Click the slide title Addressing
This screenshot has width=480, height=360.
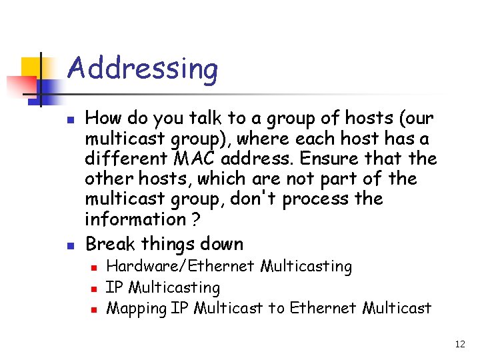(143, 69)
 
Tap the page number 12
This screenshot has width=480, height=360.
(460, 344)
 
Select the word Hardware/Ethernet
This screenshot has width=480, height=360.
(181, 267)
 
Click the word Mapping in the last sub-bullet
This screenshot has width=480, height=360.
(137, 308)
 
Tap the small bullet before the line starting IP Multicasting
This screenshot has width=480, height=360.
(95, 289)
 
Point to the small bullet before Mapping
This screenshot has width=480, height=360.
(95, 309)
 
